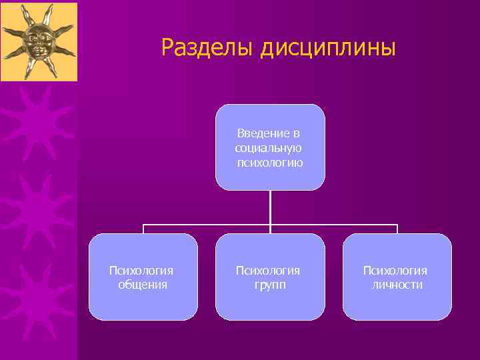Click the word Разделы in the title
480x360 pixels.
[207, 47]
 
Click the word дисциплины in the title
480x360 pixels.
[328, 48]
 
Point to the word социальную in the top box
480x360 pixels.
[270, 148]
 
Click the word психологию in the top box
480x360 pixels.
[270, 162]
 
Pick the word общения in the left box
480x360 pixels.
[143, 285]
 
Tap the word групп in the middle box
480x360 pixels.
[269, 285]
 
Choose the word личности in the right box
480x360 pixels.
[397, 285]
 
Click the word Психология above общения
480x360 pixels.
[142, 270]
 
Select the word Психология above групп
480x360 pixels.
[269, 270]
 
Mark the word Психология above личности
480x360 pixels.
[396, 270]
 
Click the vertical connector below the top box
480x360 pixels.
[270, 207]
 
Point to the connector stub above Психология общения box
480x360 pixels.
[143, 229]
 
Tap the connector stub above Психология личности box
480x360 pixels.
[397, 229]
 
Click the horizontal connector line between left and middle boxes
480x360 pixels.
[207, 225]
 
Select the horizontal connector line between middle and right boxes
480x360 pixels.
[333, 225]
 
